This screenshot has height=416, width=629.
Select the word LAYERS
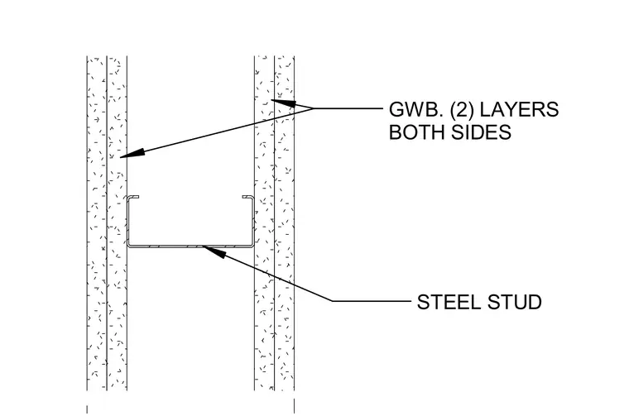click(x=520, y=109)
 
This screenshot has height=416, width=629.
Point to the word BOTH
click(x=416, y=131)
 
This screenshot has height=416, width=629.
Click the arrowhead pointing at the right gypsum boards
click(x=283, y=103)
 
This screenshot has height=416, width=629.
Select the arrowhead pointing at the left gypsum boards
click(x=132, y=154)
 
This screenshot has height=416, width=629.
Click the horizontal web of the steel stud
click(x=190, y=246)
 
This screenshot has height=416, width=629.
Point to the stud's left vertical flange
click(x=129, y=221)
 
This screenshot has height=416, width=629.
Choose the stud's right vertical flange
click(x=252, y=221)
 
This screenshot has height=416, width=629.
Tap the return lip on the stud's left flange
click(x=133, y=197)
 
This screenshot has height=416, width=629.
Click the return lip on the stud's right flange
click(x=247, y=197)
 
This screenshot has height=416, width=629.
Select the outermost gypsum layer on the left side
click(x=97, y=222)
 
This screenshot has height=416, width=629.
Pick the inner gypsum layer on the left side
click(x=117, y=222)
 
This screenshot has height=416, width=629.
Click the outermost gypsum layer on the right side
click(x=285, y=222)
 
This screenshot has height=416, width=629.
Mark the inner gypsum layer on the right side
click(x=264, y=222)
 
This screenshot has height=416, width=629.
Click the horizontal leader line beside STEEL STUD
click(x=372, y=300)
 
